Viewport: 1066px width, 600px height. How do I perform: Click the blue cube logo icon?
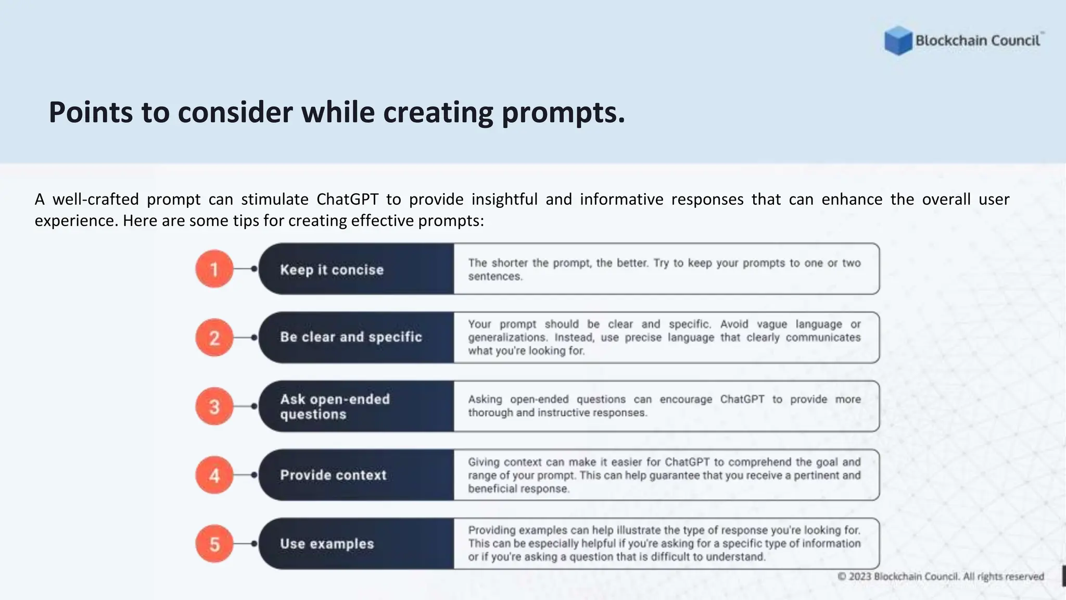tap(898, 41)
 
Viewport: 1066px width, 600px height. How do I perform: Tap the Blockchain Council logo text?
tap(978, 41)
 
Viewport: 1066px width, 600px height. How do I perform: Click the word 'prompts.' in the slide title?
tap(563, 113)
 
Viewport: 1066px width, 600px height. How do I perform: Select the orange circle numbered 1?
tap(214, 269)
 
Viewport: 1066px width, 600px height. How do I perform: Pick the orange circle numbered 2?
tap(214, 337)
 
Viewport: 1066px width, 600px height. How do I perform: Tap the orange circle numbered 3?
tap(214, 406)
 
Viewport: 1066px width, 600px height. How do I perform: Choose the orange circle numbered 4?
tap(214, 475)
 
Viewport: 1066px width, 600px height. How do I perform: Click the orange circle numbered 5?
tap(214, 544)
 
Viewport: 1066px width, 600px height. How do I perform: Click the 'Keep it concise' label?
tap(332, 270)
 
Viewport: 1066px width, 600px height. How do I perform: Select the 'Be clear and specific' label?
tap(351, 337)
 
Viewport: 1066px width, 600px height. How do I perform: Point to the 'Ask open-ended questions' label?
tap(335, 406)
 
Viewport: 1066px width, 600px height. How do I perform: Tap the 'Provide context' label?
tap(333, 475)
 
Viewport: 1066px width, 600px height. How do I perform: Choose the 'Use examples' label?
tap(327, 544)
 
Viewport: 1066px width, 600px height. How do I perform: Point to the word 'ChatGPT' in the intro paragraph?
tap(347, 199)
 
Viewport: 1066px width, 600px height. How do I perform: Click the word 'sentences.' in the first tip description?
tap(494, 277)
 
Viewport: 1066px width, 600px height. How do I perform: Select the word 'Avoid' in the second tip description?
tap(734, 324)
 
